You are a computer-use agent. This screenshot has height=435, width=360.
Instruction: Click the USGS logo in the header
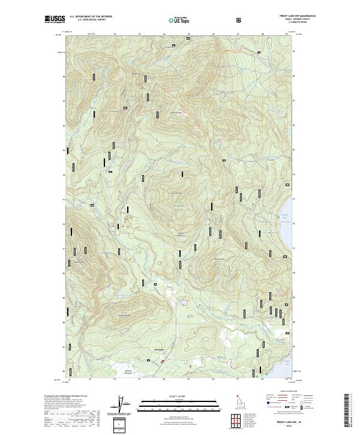(x=53, y=20)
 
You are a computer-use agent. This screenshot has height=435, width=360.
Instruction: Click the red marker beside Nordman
(x=162, y=361)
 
